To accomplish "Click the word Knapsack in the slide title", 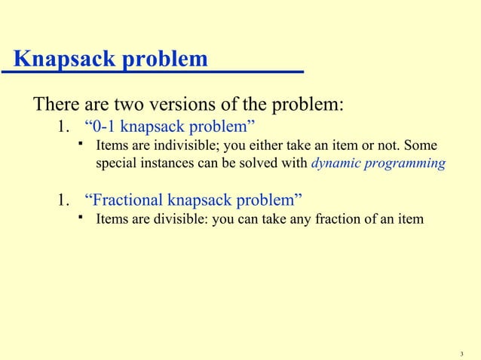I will (63, 59).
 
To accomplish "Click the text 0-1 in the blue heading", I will (104, 124).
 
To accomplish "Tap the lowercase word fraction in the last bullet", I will (339, 219).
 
